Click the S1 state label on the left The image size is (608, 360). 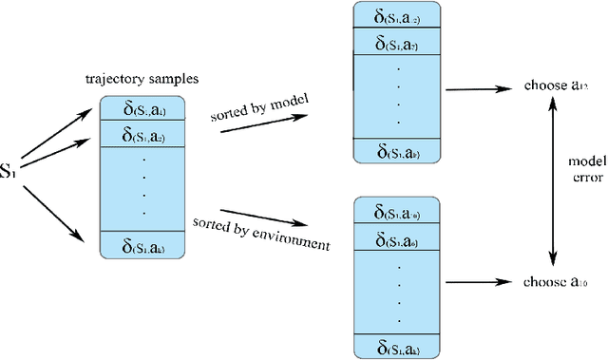(x=9, y=172)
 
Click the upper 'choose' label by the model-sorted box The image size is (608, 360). (x=556, y=86)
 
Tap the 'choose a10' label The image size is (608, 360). (x=556, y=282)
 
